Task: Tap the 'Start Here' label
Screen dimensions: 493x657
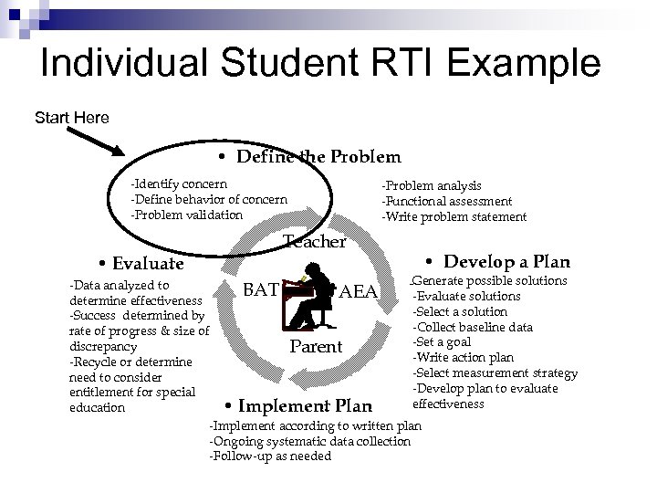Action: [x=71, y=118]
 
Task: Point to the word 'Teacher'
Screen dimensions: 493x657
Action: [x=315, y=242]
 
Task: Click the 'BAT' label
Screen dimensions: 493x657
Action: [x=261, y=291]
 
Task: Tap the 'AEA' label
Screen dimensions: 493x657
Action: [x=358, y=293]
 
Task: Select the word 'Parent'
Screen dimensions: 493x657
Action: [x=315, y=347]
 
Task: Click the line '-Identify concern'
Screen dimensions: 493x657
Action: [x=180, y=185]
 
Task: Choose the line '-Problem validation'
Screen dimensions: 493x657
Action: [x=187, y=215]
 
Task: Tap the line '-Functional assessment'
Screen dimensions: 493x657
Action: [x=446, y=201]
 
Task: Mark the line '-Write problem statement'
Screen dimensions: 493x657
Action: [x=454, y=216]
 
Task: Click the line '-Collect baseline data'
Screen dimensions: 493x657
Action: [x=473, y=327]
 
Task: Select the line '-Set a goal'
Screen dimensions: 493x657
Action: [x=443, y=342]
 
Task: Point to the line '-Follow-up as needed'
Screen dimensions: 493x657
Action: [x=271, y=456]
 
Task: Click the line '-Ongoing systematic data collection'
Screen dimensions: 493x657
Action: [x=310, y=441]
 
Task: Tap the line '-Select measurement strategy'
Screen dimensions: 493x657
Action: [x=495, y=373]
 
